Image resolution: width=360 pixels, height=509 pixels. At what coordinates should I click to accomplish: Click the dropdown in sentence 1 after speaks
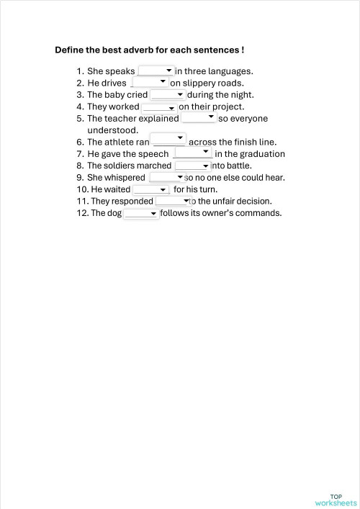156,71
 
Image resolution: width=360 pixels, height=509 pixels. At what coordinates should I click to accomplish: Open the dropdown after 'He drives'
150,82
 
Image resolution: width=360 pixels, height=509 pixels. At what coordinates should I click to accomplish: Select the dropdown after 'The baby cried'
168,94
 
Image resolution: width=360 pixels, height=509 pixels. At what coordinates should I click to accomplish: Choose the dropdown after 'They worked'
159,107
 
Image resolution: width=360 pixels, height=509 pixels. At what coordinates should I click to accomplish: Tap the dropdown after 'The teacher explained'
199,117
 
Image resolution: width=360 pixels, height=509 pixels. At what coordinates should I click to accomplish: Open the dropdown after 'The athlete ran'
168,138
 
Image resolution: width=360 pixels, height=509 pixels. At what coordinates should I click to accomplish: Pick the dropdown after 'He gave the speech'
193,153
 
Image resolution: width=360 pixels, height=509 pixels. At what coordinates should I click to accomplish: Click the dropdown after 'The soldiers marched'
192,166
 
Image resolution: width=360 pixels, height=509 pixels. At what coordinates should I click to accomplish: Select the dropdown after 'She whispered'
166,177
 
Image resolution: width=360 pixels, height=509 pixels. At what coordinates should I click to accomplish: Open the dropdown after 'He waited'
150,189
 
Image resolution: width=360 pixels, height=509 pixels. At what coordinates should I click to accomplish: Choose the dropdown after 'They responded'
172,202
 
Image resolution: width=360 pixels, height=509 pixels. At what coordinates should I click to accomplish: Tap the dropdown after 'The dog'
141,214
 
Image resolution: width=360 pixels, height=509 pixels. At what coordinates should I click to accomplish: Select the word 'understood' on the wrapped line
112,130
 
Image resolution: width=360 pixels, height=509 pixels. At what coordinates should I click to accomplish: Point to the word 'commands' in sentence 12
262,213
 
